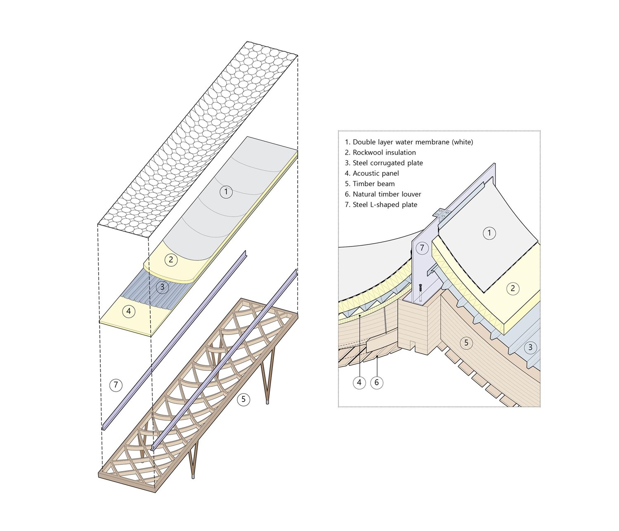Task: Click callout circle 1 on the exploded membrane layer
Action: point(226,192)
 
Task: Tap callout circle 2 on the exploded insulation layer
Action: point(171,260)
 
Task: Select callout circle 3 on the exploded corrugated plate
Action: point(162,287)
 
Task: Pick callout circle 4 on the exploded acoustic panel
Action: point(129,311)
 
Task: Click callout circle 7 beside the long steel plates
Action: point(116,385)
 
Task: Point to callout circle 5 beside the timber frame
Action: point(243,399)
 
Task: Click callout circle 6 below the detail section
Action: point(376,382)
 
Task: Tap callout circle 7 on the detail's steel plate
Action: point(422,248)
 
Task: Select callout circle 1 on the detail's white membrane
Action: point(489,233)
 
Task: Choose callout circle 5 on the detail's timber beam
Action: point(466,342)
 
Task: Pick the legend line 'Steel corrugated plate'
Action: point(384,163)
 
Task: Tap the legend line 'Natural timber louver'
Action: point(383,194)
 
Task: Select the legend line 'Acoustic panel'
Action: point(372,173)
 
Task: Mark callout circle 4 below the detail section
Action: point(359,382)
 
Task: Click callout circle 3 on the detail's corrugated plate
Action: point(531,347)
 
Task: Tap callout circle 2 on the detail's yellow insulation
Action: point(513,288)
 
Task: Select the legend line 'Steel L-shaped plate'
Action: point(381,204)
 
